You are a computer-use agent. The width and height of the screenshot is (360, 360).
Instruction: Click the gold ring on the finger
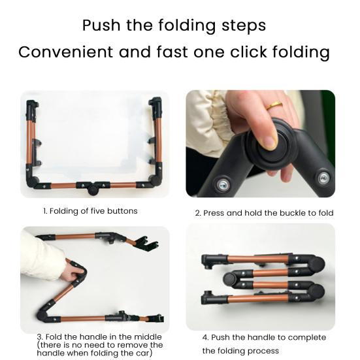(x=276, y=105)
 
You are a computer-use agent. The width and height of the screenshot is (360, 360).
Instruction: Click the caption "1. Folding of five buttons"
(x=90, y=211)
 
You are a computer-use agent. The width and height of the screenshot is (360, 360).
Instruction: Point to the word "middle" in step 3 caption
(x=145, y=336)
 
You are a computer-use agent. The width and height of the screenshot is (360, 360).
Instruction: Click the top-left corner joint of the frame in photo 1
(x=30, y=105)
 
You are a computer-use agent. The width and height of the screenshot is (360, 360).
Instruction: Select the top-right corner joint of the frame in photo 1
(x=155, y=105)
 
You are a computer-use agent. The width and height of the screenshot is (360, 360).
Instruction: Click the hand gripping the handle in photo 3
(x=74, y=268)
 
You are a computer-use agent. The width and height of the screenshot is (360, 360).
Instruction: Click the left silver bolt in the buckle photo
(x=223, y=185)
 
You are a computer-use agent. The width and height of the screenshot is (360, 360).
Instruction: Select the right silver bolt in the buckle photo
(x=322, y=177)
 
